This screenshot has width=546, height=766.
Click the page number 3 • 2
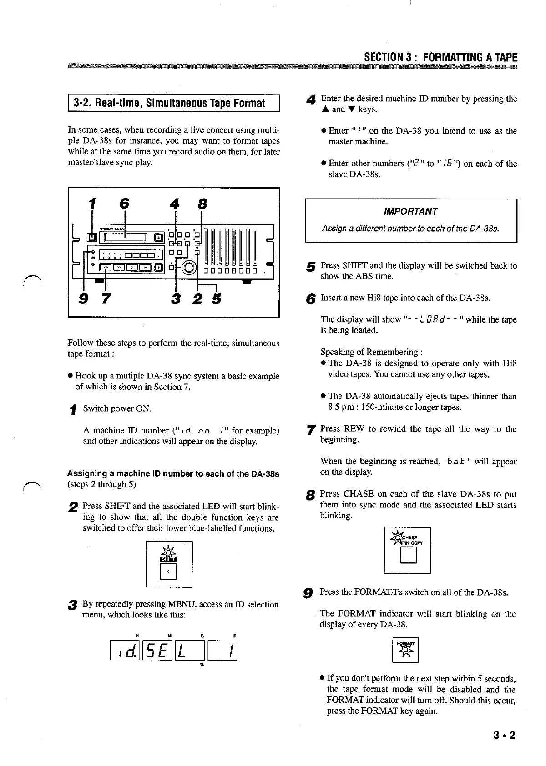pos(504,735)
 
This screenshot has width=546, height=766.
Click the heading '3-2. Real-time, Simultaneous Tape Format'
pos(169,103)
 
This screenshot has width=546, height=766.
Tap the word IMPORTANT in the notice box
pos(410,212)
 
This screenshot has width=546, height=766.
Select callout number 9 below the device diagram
pos(84,299)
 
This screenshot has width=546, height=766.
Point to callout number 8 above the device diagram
pos(201,205)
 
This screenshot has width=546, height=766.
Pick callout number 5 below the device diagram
pos(216,299)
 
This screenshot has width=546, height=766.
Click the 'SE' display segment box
pos(157,651)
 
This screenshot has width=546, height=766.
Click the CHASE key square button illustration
pos(408,556)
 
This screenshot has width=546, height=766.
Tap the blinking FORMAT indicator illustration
pos(405,650)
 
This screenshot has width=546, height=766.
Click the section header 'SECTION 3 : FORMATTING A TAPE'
pos(440,58)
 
